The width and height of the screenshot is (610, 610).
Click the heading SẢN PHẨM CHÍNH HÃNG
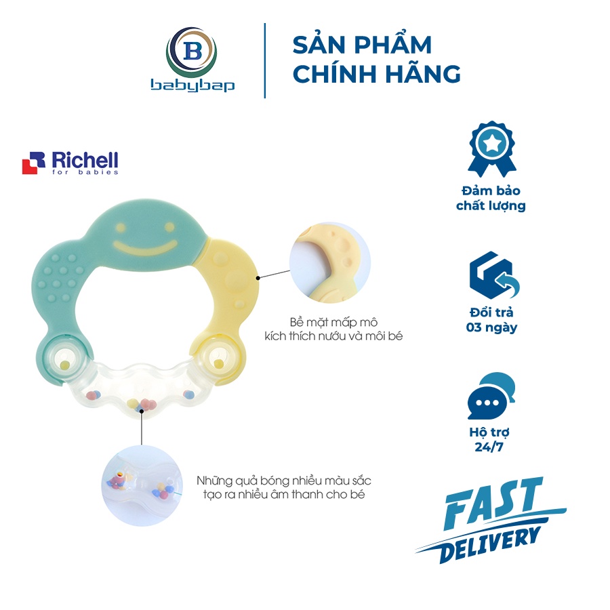[x=376, y=59]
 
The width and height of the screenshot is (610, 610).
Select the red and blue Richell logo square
[x=33, y=163]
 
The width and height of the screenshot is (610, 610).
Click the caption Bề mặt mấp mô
[x=333, y=323]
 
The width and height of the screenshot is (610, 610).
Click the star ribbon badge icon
[x=491, y=150]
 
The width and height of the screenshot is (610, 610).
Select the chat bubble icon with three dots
[x=491, y=396]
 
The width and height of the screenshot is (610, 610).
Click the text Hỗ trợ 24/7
[x=489, y=439]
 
